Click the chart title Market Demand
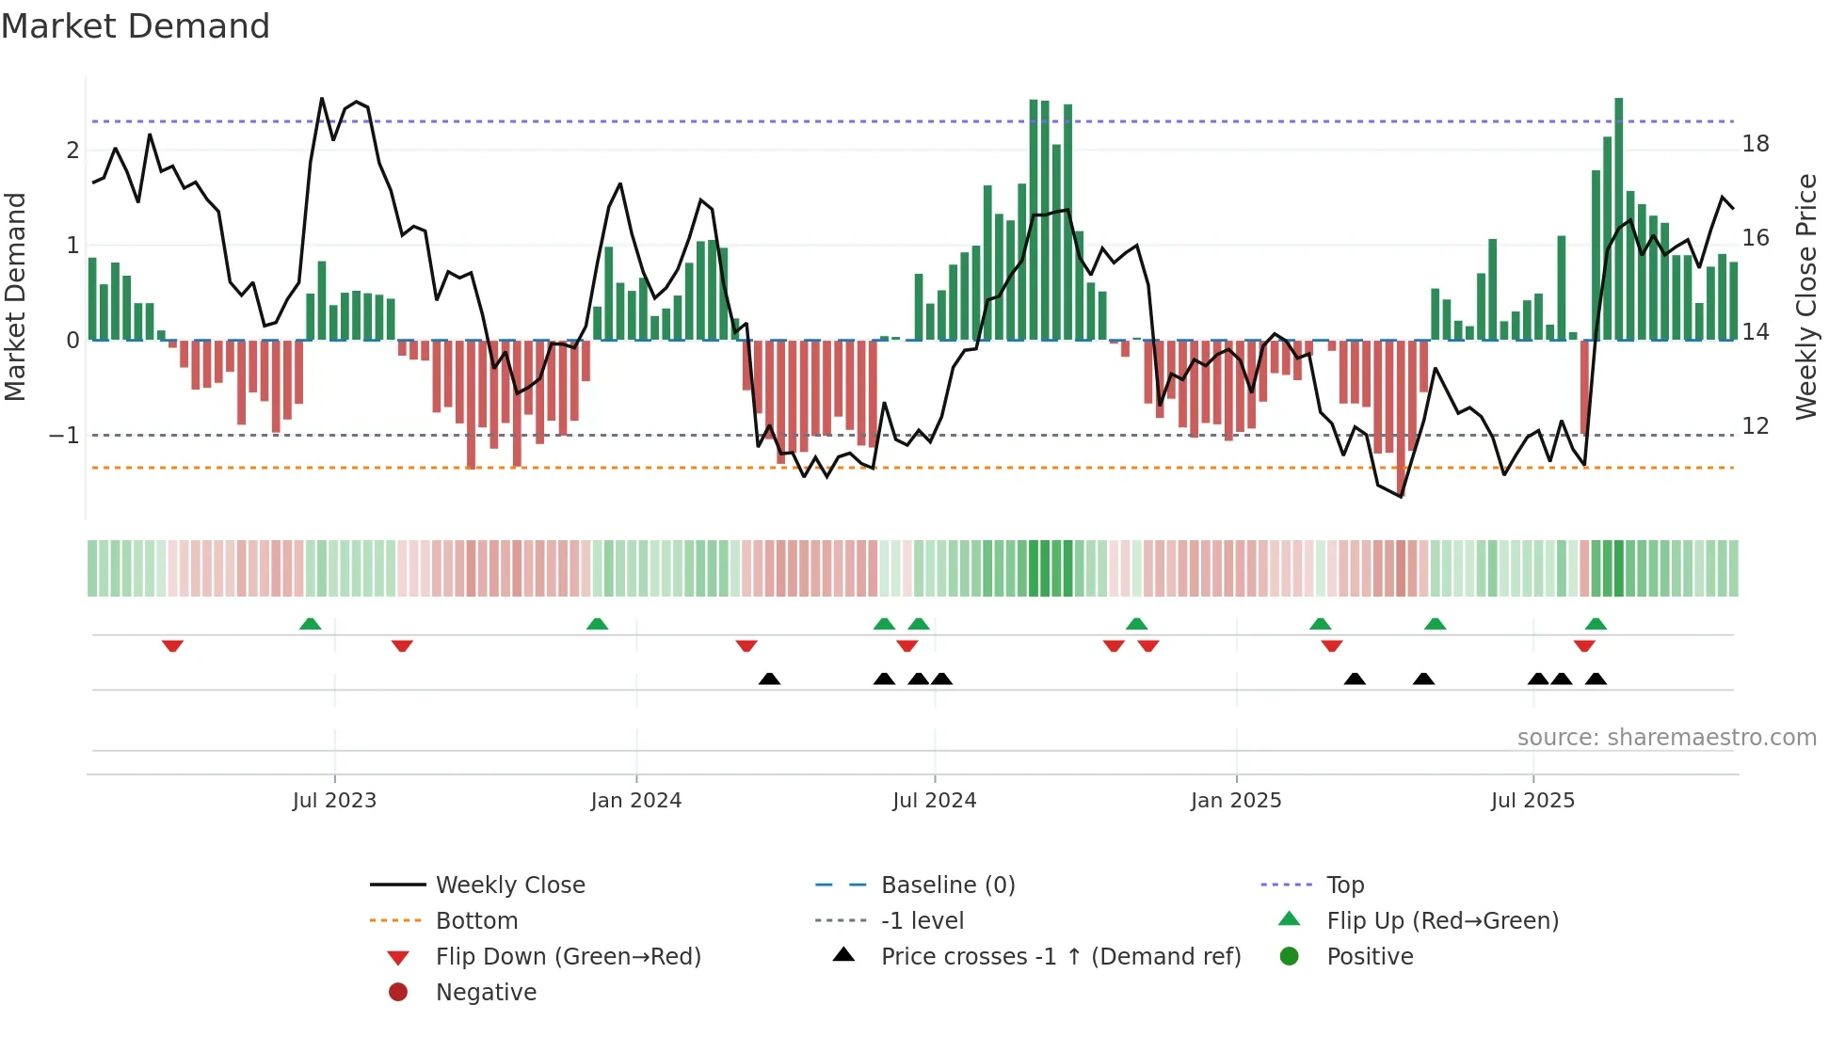tap(136, 26)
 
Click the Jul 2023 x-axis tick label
tap(334, 801)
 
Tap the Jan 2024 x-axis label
tap(635, 801)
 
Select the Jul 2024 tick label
tap(934, 801)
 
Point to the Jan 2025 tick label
tap(1235, 801)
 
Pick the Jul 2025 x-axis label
tap(1532, 801)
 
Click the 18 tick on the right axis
tap(1756, 144)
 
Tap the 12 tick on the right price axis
tap(1756, 426)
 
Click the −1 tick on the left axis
tap(64, 436)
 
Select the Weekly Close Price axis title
tap(1805, 296)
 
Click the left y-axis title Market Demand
tap(15, 296)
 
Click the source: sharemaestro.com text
tap(1666, 738)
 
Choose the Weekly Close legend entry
tap(509, 885)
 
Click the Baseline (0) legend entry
tap(947, 885)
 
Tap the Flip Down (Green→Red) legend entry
tap(568, 957)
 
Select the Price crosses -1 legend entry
tap(1060, 957)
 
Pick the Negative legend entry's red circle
tap(398, 993)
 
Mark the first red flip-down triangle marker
tap(172, 646)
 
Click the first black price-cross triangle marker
tap(769, 678)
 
